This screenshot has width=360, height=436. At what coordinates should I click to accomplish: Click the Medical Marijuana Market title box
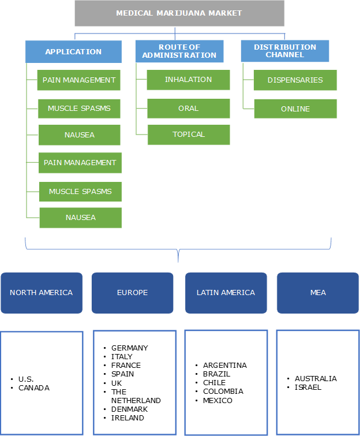pyautogui.click(x=179, y=13)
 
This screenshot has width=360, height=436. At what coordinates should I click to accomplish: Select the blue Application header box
pyautogui.click(x=73, y=51)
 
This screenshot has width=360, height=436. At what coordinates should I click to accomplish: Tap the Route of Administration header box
pyautogui.click(x=179, y=51)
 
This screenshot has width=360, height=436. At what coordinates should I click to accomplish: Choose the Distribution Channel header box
pyautogui.click(x=284, y=51)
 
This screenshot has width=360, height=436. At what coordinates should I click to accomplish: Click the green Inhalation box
pyautogui.click(x=188, y=80)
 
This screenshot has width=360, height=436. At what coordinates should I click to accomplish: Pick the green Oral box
pyautogui.click(x=188, y=108)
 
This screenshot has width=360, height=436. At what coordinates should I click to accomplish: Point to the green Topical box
pyautogui.click(x=189, y=135)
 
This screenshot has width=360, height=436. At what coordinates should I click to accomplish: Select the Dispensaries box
pyautogui.click(x=295, y=80)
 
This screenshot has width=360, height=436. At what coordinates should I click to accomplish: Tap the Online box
pyautogui.click(x=295, y=109)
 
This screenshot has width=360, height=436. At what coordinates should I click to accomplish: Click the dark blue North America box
pyautogui.click(x=41, y=293)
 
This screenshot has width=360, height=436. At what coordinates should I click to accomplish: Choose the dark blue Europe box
pyautogui.click(x=132, y=293)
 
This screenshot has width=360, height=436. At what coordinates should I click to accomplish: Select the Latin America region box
pyautogui.click(x=226, y=293)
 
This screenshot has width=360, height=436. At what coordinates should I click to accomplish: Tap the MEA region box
pyautogui.click(x=318, y=293)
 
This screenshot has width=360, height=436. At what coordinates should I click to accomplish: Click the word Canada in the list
pyautogui.click(x=34, y=387)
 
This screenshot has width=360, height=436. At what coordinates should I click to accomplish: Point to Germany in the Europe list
pyautogui.click(x=129, y=348)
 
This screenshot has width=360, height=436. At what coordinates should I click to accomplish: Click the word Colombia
pyautogui.click(x=223, y=392)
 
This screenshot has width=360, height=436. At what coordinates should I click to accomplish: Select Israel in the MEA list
pyautogui.click(x=308, y=387)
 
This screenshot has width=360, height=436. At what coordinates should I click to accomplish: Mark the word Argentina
pyautogui.click(x=224, y=366)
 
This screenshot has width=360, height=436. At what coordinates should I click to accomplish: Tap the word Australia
pyautogui.click(x=316, y=379)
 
